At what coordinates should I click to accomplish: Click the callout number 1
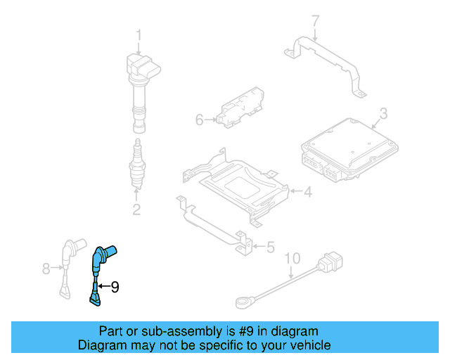click(139, 35)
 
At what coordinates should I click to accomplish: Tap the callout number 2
click(136, 209)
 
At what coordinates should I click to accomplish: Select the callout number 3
click(382, 113)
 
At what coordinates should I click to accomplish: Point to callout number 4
click(307, 191)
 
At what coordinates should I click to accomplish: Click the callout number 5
click(270, 247)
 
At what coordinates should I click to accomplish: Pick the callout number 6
click(199, 120)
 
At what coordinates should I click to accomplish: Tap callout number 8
click(46, 268)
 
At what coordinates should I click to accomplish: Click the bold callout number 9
click(115, 286)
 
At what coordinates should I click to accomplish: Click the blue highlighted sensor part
click(99, 271)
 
